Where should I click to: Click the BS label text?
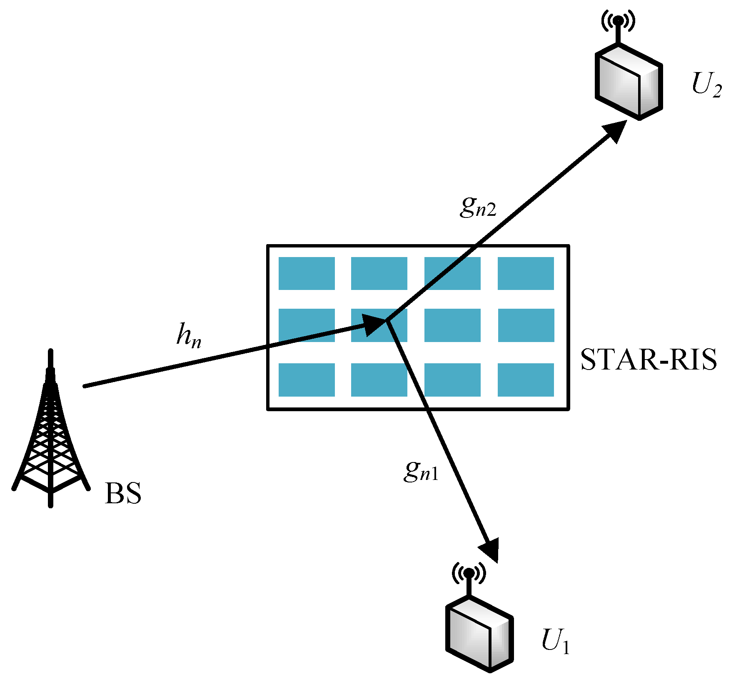click(123, 494)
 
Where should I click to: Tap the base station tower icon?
click(51, 433)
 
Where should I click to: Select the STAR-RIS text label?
click(649, 360)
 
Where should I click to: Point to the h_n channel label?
click(189, 336)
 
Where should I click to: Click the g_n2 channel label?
click(478, 207)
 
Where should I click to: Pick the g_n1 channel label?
click(421, 472)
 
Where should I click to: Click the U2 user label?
click(706, 85)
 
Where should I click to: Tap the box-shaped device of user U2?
click(628, 82)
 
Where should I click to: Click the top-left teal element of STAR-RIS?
click(307, 273)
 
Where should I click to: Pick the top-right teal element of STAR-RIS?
click(526, 273)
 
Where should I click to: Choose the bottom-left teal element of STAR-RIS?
click(307, 380)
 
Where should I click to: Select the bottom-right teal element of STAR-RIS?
click(526, 380)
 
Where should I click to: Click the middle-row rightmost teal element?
click(526, 325)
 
